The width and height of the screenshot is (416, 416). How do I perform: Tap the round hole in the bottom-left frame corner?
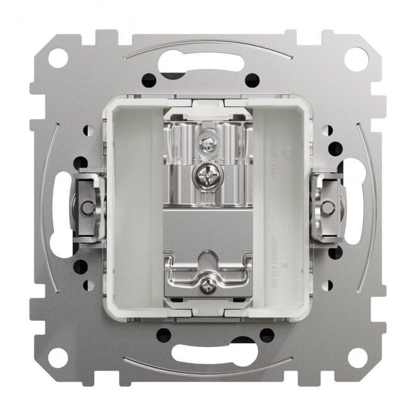coord(58,357)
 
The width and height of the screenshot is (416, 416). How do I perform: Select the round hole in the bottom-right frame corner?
coord(357,357)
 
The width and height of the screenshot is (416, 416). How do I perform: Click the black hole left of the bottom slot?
coord(164,333)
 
